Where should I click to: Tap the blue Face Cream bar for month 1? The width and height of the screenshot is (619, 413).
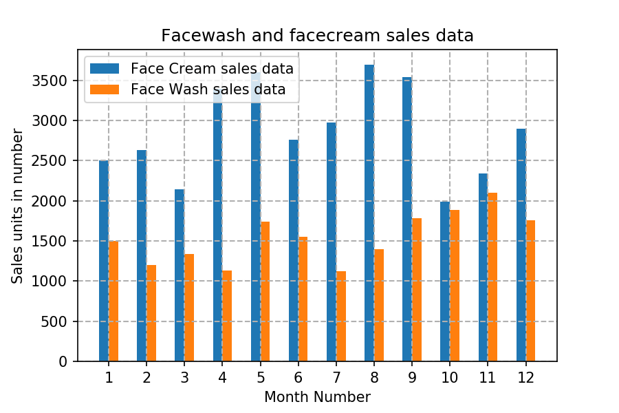point(104,261)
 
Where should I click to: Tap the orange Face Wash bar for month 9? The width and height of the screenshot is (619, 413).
point(417,290)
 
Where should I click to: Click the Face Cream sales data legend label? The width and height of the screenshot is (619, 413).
point(212,69)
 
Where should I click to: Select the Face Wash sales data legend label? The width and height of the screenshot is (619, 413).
point(208,89)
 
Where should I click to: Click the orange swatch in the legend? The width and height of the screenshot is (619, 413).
point(105,89)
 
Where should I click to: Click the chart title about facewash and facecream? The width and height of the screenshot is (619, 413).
point(317,36)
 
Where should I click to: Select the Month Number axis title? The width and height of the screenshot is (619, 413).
point(317,397)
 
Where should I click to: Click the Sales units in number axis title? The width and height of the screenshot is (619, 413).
point(17,206)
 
